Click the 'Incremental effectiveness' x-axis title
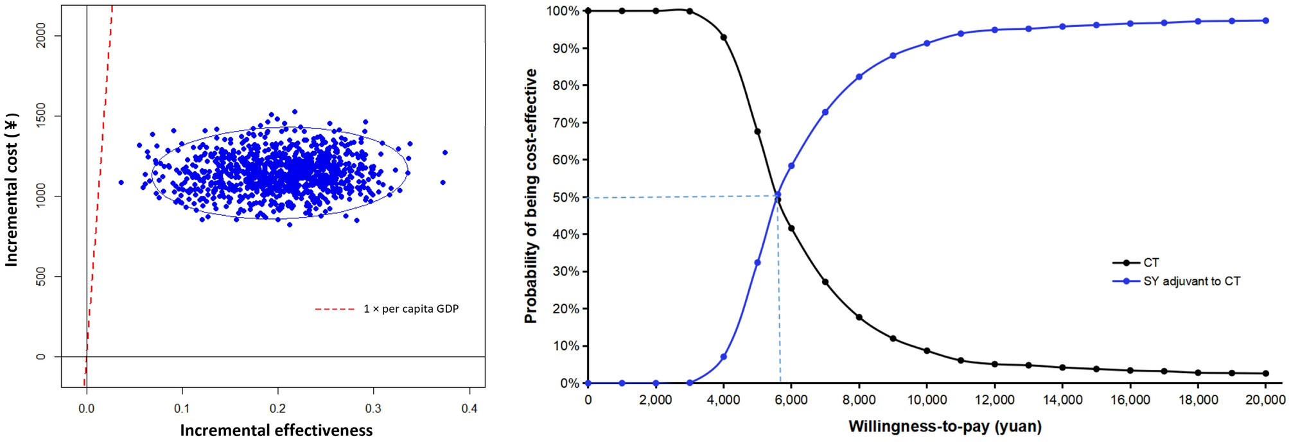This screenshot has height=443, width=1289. click(276, 430)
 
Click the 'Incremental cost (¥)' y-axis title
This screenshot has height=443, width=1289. click(12, 190)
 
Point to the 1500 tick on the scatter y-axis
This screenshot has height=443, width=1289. click(41, 116)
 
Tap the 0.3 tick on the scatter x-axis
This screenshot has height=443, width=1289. click(373, 408)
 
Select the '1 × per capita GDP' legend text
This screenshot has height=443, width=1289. click(411, 309)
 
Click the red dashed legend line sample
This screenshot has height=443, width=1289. click(334, 309)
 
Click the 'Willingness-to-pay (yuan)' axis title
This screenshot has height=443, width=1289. click(945, 426)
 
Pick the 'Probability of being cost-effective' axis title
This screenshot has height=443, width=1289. click(531, 196)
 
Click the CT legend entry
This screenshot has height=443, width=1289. click(1151, 263)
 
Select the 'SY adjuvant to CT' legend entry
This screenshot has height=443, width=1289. click(1191, 281)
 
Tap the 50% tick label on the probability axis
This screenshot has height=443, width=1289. click(566, 197)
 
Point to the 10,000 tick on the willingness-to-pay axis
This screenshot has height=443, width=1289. click(927, 400)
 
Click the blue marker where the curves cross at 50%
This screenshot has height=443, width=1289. click(778, 195)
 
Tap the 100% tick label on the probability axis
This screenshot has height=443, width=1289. click(563, 11)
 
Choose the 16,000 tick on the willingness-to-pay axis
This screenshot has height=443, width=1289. click(1130, 400)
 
